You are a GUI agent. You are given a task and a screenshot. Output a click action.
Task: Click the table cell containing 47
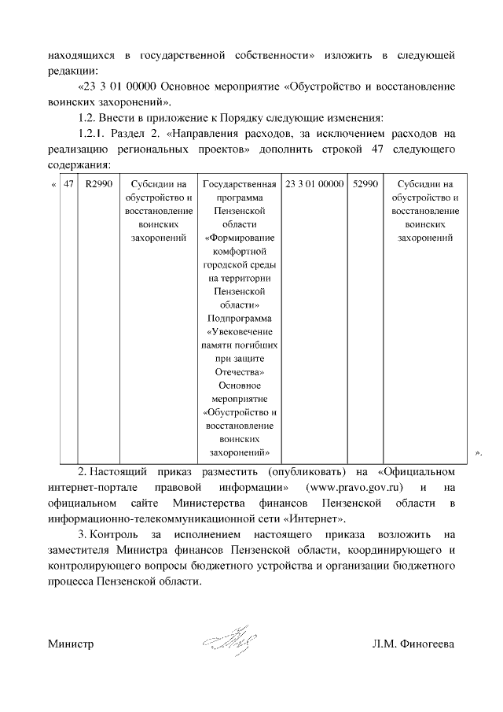pyautogui.click(x=69, y=184)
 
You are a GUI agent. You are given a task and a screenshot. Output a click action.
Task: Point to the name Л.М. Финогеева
pyautogui.click(x=413, y=644)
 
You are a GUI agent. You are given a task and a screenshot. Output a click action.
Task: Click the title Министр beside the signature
pyautogui.click(x=71, y=644)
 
